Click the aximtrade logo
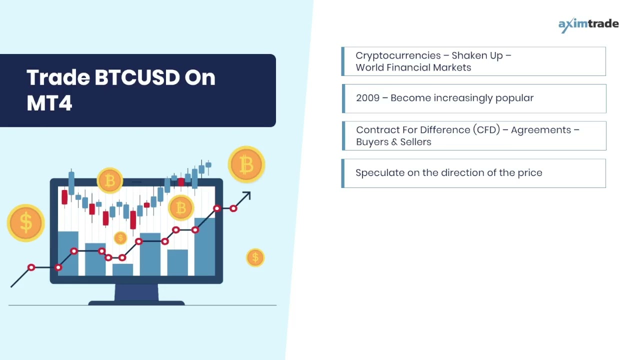(x=588, y=24)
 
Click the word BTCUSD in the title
(x=136, y=77)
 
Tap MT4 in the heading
(x=49, y=103)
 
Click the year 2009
(x=367, y=98)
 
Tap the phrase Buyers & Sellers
(x=393, y=142)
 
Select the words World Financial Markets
(x=413, y=67)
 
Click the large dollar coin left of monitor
(x=26, y=222)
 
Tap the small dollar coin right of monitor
(x=255, y=257)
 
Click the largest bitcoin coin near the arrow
(x=246, y=164)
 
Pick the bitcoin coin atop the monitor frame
(x=110, y=180)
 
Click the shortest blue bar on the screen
(x=122, y=270)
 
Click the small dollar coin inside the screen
(x=120, y=238)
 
